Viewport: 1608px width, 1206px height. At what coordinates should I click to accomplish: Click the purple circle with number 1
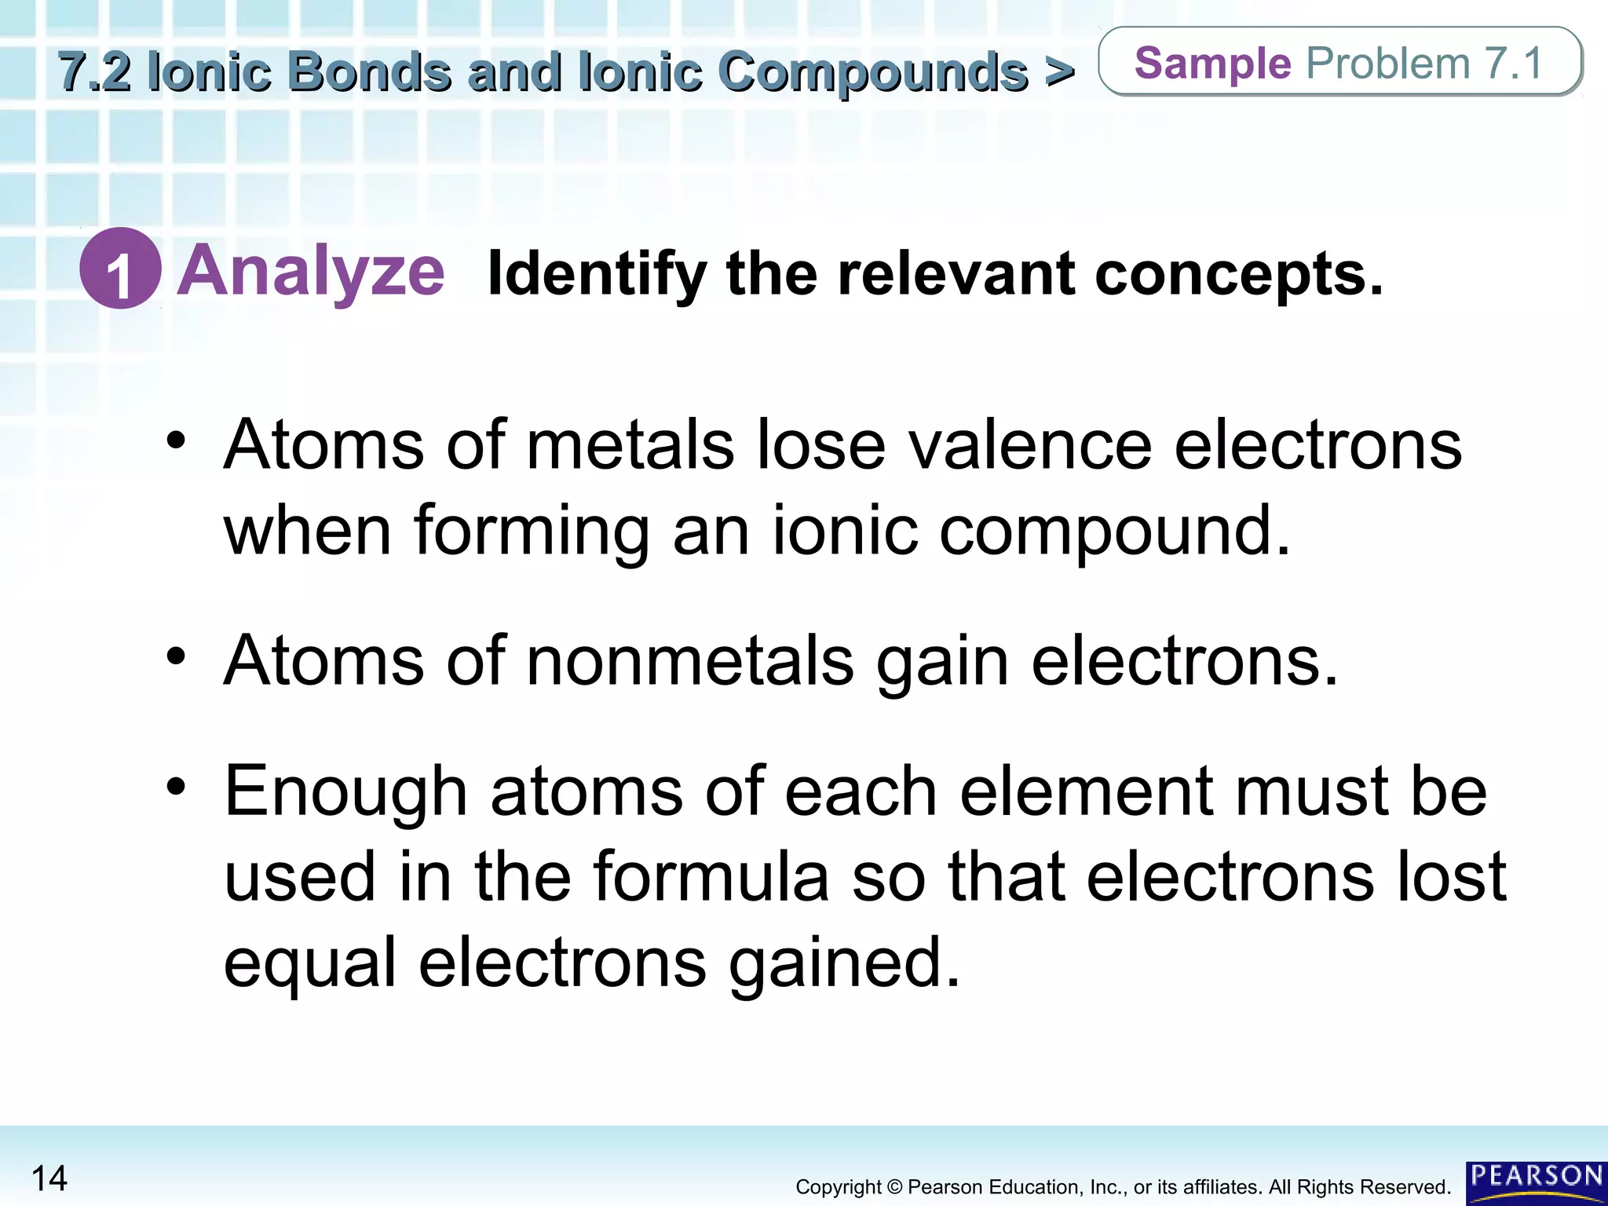[x=120, y=269]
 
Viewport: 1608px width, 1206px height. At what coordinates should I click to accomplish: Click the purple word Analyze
[x=312, y=272]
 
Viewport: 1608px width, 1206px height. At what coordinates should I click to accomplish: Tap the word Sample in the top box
[x=1212, y=63]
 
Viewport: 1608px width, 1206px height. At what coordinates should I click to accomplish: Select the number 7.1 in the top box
[x=1513, y=63]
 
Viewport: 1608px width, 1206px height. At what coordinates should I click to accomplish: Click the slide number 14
[x=49, y=1179]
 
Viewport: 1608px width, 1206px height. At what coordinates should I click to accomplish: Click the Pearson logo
[x=1536, y=1182]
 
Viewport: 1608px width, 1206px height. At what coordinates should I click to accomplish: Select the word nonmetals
[x=690, y=661]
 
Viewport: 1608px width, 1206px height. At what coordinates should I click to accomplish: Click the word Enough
[x=346, y=791]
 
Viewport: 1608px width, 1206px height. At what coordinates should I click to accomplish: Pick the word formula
[x=711, y=876]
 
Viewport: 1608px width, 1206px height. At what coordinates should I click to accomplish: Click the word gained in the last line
[x=844, y=964]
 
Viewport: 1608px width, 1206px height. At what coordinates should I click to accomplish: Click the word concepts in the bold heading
[x=1238, y=275]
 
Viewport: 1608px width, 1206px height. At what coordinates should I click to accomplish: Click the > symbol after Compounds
[x=1059, y=72]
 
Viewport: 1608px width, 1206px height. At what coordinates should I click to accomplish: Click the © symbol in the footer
[x=894, y=1187]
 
